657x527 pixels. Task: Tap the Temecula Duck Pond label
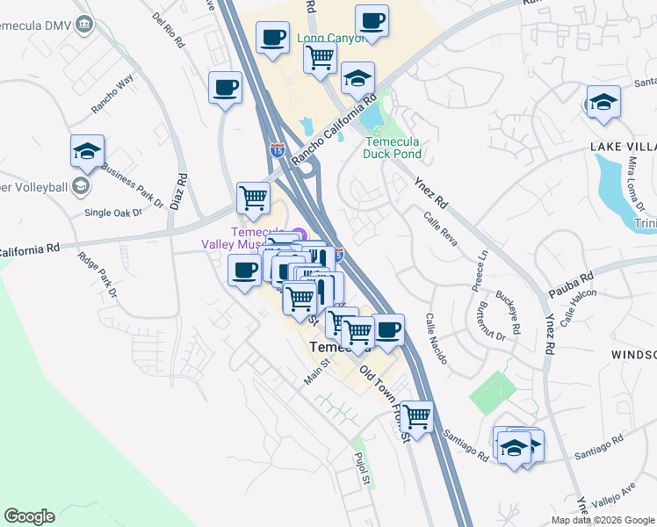click(x=393, y=148)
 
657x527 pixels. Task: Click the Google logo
click(x=29, y=516)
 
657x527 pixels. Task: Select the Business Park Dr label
click(x=133, y=184)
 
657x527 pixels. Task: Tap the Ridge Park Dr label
click(x=97, y=273)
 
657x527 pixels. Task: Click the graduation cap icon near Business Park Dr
click(x=87, y=151)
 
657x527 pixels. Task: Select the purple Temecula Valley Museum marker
click(x=297, y=234)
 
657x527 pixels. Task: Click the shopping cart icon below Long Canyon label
click(x=321, y=58)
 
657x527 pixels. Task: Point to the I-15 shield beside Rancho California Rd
click(x=278, y=150)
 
